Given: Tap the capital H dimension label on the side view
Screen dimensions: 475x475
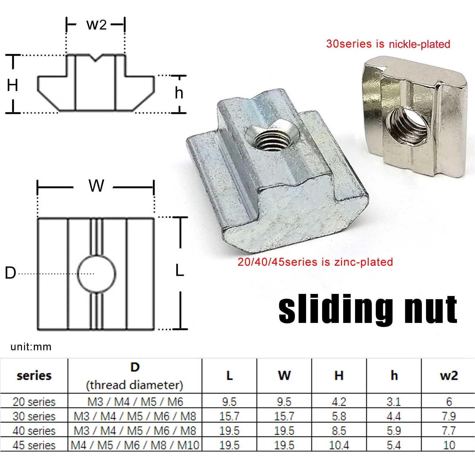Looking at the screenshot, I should pos(12,85).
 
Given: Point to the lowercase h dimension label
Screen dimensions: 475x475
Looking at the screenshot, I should pos(179,93).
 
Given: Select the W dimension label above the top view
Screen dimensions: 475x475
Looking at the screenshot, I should pos(96,186).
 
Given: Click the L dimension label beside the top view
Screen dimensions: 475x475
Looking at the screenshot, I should pos(180,271).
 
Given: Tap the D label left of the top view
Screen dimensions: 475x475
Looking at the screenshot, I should pos(10,273).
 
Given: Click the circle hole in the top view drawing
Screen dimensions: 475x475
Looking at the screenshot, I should pos(96,273).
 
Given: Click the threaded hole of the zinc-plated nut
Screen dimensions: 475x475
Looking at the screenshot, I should pos(271,139).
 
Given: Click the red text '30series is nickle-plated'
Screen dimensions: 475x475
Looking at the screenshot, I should pos(388,44).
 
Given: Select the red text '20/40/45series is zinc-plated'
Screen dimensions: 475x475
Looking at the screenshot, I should pos(315,262).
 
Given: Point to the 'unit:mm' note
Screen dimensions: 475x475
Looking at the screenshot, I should pos(31,347).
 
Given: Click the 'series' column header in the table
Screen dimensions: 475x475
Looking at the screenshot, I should pos(34,376).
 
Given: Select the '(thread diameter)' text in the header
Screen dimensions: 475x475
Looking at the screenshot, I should pos(134,385).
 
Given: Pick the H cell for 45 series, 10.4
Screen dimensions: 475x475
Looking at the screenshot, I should pos(339,445).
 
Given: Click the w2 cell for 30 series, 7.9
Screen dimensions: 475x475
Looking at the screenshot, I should pos(448,416).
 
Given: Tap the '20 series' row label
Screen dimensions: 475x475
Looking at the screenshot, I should pos(34,402).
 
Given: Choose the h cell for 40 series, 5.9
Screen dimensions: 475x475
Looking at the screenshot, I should pos(394,431).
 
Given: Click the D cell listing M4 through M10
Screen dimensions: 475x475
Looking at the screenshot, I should pos(135,445).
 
